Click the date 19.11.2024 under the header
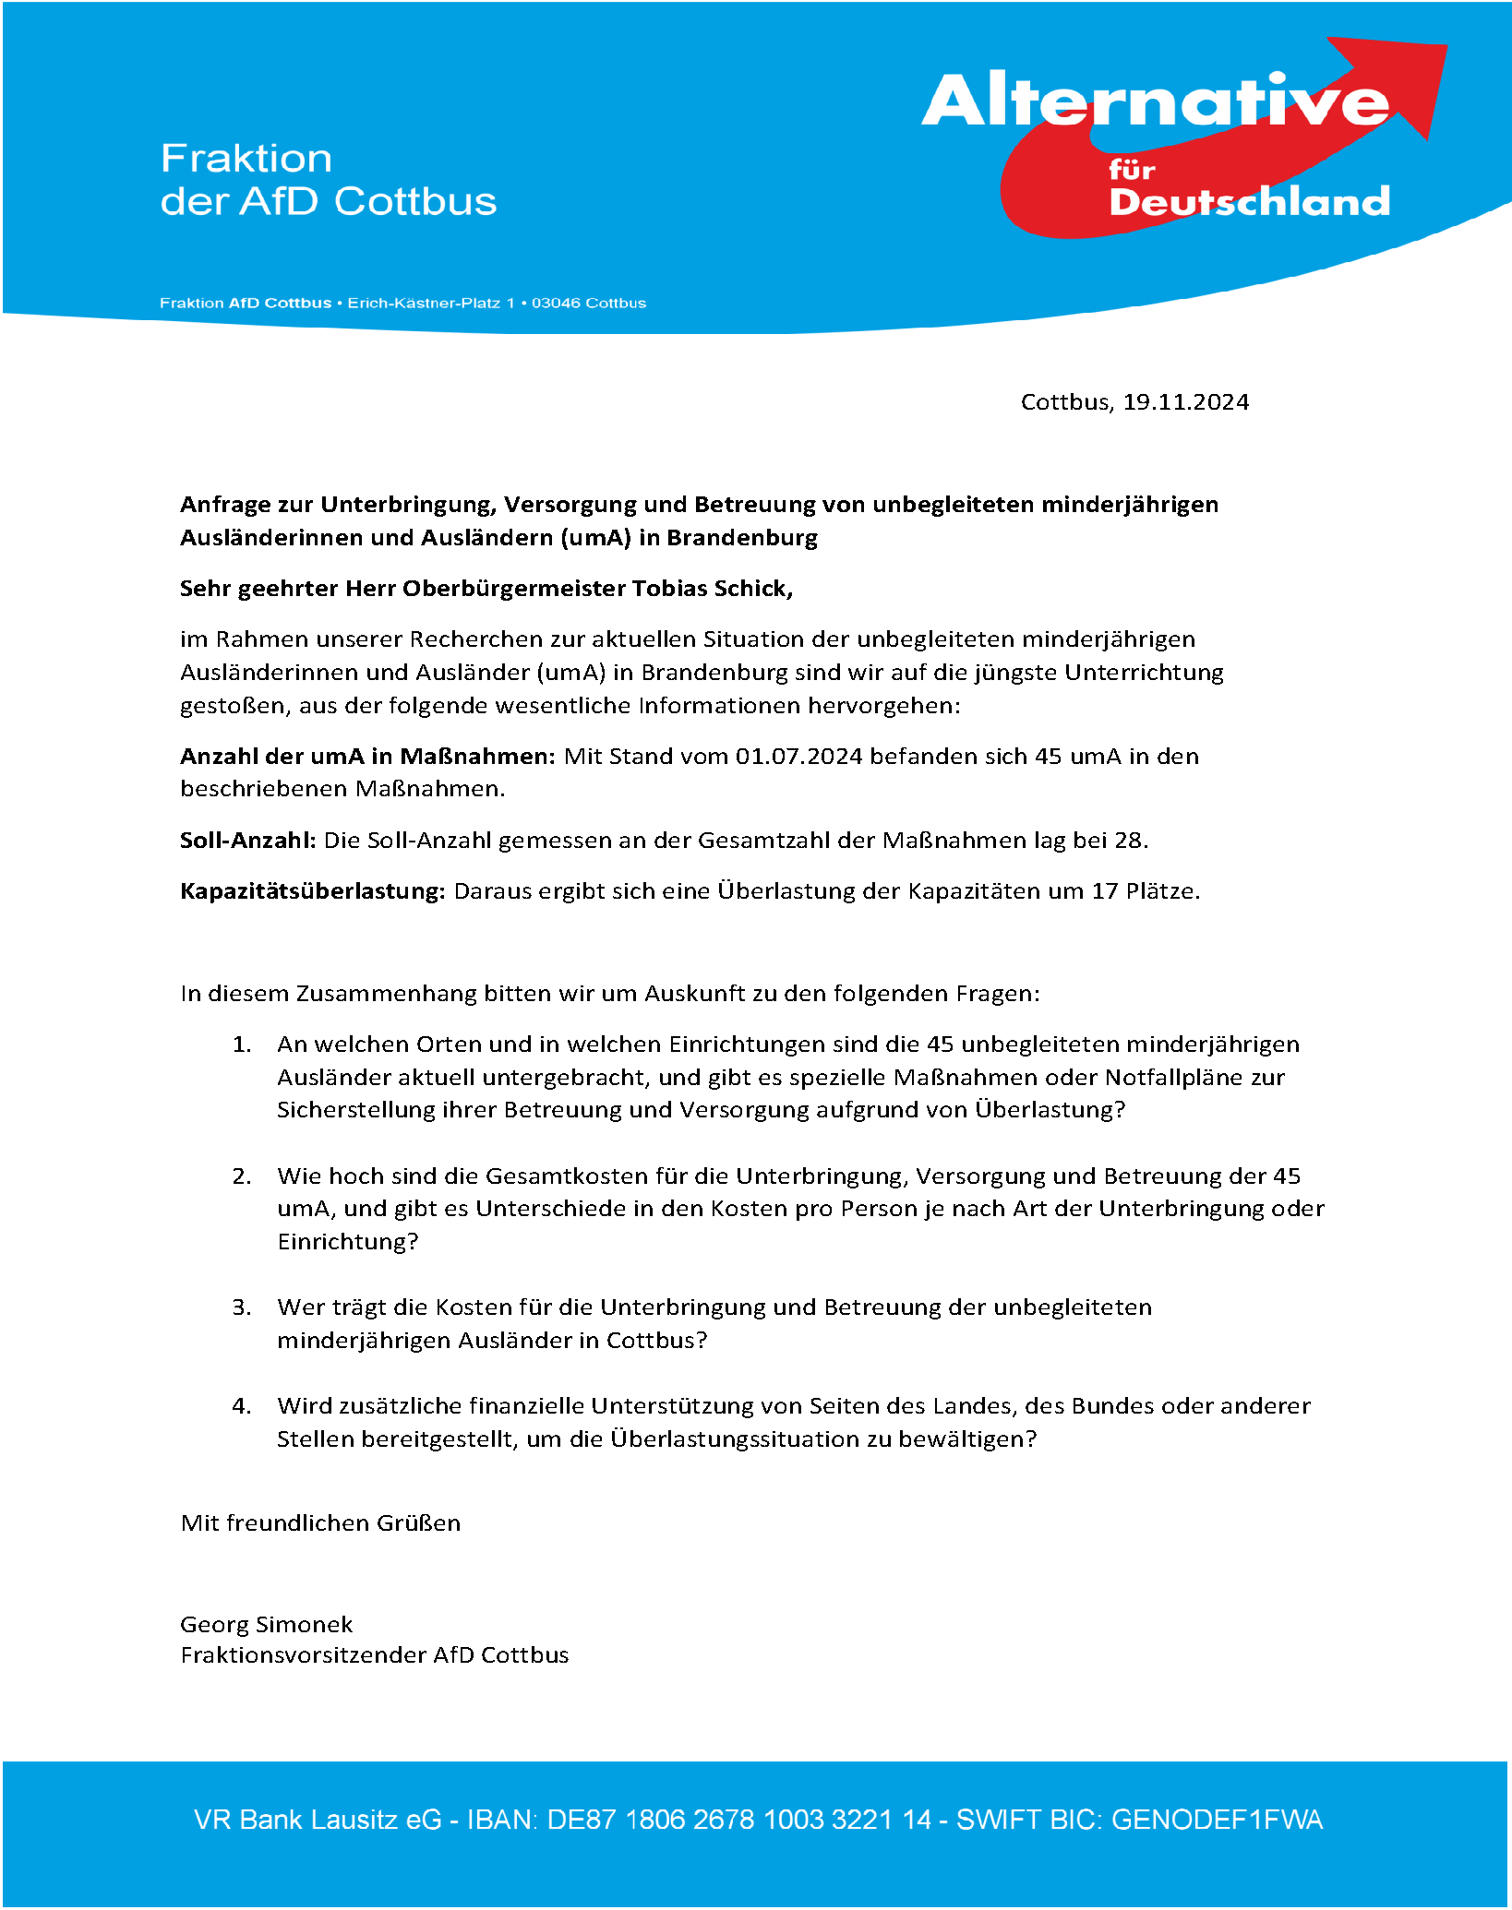pos(1185,402)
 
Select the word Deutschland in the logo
pos(1249,202)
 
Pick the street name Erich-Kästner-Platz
pos(424,304)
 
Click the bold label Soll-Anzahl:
pos(247,841)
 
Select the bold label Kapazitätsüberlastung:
pos(312,891)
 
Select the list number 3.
pos(240,1307)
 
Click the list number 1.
pos(240,1045)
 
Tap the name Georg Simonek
pos(266,1624)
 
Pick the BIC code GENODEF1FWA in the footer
pos(1217,1820)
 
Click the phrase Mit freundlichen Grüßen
pos(320,1522)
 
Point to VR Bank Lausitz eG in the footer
pos(318,1820)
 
